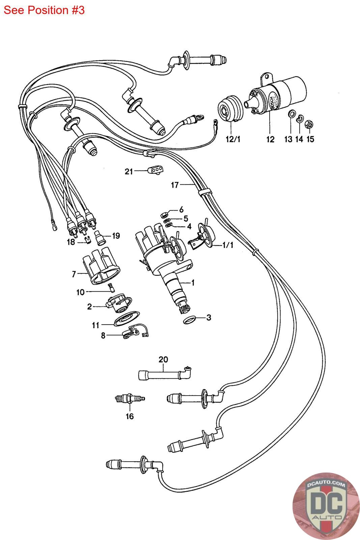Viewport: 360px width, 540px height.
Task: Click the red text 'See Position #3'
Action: [44, 10]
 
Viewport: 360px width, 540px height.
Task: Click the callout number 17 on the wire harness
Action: [174, 185]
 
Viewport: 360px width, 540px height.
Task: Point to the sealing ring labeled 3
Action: [190, 319]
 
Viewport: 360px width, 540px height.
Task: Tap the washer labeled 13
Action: [290, 114]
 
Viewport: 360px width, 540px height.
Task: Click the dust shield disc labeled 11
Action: [126, 319]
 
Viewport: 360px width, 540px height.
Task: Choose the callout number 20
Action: [163, 359]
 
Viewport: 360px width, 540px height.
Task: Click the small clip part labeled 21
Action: [155, 171]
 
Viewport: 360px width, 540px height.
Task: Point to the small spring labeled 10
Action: [111, 288]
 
